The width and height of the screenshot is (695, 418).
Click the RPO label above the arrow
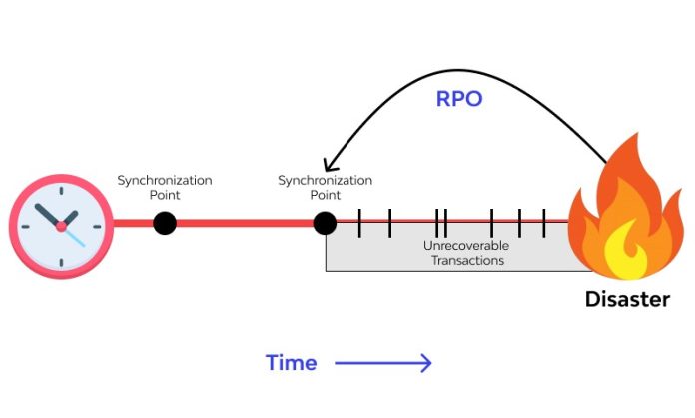[459, 99]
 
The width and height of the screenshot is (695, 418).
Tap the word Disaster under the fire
[627, 299]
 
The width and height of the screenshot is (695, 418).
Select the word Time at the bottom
[291, 363]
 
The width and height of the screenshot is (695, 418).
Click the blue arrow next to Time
[383, 363]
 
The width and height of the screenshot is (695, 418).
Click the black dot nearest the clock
[165, 223]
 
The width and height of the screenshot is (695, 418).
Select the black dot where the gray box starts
[325, 223]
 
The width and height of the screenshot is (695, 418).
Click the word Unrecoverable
[466, 245]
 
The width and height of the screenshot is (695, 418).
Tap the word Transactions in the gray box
[466, 260]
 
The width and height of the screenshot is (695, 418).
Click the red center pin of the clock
[61, 227]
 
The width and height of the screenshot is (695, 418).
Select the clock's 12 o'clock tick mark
[61, 189]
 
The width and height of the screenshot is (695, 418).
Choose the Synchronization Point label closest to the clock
[165, 187]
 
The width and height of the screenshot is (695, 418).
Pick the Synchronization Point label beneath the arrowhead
[325, 187]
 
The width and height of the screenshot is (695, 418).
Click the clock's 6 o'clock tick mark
[61, 264]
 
